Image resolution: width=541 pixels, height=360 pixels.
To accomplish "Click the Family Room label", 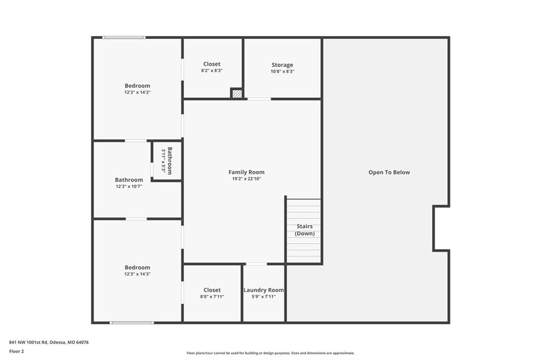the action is pos(246,172).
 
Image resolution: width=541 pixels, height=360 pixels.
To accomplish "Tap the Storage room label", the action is pos(282,65).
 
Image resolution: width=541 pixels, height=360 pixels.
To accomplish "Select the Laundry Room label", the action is pos(264,290).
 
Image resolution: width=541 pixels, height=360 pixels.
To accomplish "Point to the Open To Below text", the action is pos(389,173).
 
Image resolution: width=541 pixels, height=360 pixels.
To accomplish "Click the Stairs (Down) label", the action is pos(305,230).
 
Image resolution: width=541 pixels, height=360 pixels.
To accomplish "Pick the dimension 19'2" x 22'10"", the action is pos(246,178).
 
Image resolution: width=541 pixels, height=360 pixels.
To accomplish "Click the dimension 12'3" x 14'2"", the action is pos(137,92).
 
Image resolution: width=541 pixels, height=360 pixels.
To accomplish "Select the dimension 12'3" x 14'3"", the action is pos(137,274).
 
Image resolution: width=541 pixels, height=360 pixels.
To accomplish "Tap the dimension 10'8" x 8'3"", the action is pos(282,72).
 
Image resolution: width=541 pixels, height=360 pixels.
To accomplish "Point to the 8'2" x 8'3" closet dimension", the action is pos(212,71).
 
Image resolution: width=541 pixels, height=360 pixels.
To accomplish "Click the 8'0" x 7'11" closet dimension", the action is pos(212,297).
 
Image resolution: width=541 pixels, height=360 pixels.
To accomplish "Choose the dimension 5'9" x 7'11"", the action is pos(264,297).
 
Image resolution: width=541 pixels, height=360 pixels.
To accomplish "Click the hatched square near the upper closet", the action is pos(237,93).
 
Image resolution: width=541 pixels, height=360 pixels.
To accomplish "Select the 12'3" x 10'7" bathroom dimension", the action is pos(129,186).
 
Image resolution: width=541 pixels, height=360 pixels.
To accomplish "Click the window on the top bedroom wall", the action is pos(124,37).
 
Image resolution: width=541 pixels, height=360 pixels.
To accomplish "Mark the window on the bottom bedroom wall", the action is pos(132,323).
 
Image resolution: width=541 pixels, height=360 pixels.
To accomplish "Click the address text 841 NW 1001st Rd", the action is pos(29,343).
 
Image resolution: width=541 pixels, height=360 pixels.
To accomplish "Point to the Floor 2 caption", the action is pos(16,352).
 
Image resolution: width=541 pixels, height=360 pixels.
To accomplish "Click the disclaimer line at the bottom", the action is pos(270,353).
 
